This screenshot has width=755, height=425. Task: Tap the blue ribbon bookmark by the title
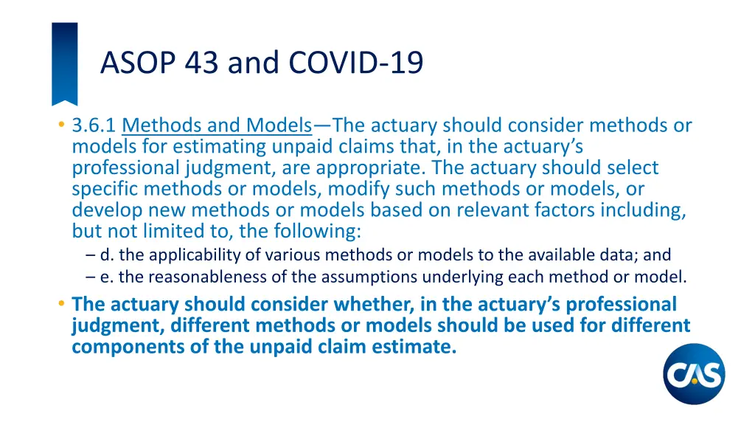click(64, 63)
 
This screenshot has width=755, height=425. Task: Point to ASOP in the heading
click(134, 63)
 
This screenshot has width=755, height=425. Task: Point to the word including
click(640, 210)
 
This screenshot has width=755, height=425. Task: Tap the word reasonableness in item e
click(171, 277)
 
